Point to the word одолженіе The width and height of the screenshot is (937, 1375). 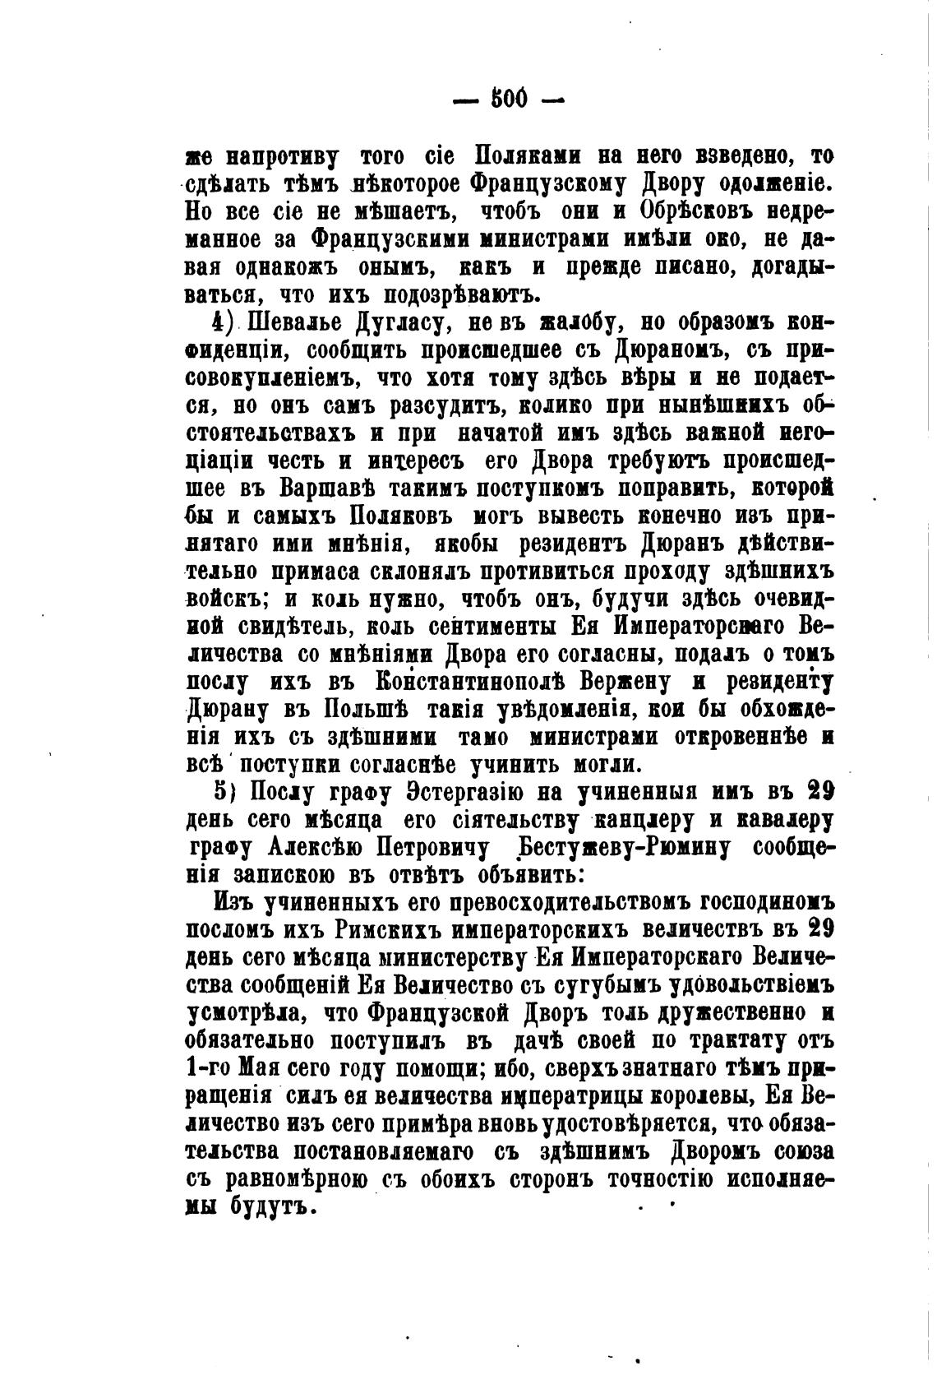[759, 183]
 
